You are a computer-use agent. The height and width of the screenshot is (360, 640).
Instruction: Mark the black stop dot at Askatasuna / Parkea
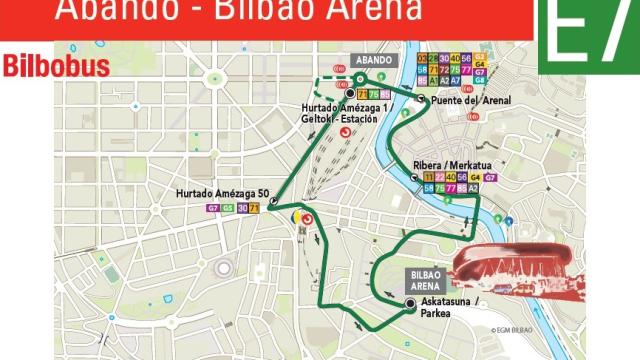tap(410, 302)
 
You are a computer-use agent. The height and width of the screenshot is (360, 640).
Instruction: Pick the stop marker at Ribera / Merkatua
tap(416, 177)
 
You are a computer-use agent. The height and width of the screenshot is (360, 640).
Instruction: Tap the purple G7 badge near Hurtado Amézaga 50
tap(212, 208)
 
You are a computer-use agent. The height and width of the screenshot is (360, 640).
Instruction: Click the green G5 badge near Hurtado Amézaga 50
tap(227, 208)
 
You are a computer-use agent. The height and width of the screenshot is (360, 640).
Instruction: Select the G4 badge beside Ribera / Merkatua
tap(475, 177)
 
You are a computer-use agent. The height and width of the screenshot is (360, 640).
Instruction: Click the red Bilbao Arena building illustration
tap(512, 265)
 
